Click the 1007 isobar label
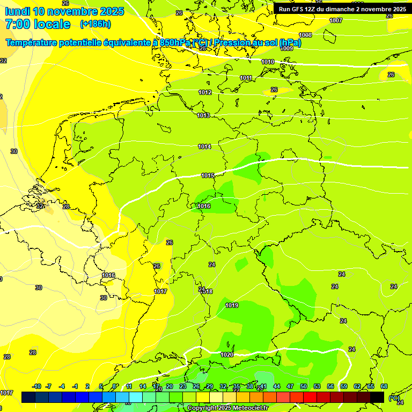(x=336, y=20)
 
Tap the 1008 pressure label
(x=305, y=35)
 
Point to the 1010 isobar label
(x=268, y=62)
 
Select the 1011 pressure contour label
(x=246, y=78)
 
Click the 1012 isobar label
(x=205, y=92)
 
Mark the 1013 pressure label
(x=203, y=115)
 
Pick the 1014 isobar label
(x=204, y=146)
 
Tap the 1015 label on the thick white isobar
(x=208, y=175)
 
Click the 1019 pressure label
(x=232, y=305)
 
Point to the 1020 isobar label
(x=227, y=355)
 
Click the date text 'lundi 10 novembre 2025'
(x=64, y=11)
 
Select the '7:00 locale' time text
(x=38, y=24)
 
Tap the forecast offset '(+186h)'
(x=95, y=24)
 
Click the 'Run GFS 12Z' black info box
(x=342, y=9)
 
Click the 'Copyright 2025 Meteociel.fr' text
(x=227, y=408)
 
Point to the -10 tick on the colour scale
(x=36, y=386)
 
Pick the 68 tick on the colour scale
(x=384, y=386)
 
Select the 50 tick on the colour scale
(x=304, y=386)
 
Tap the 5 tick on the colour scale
(x=101, y=386)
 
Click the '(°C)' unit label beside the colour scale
(x=394, y=398)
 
